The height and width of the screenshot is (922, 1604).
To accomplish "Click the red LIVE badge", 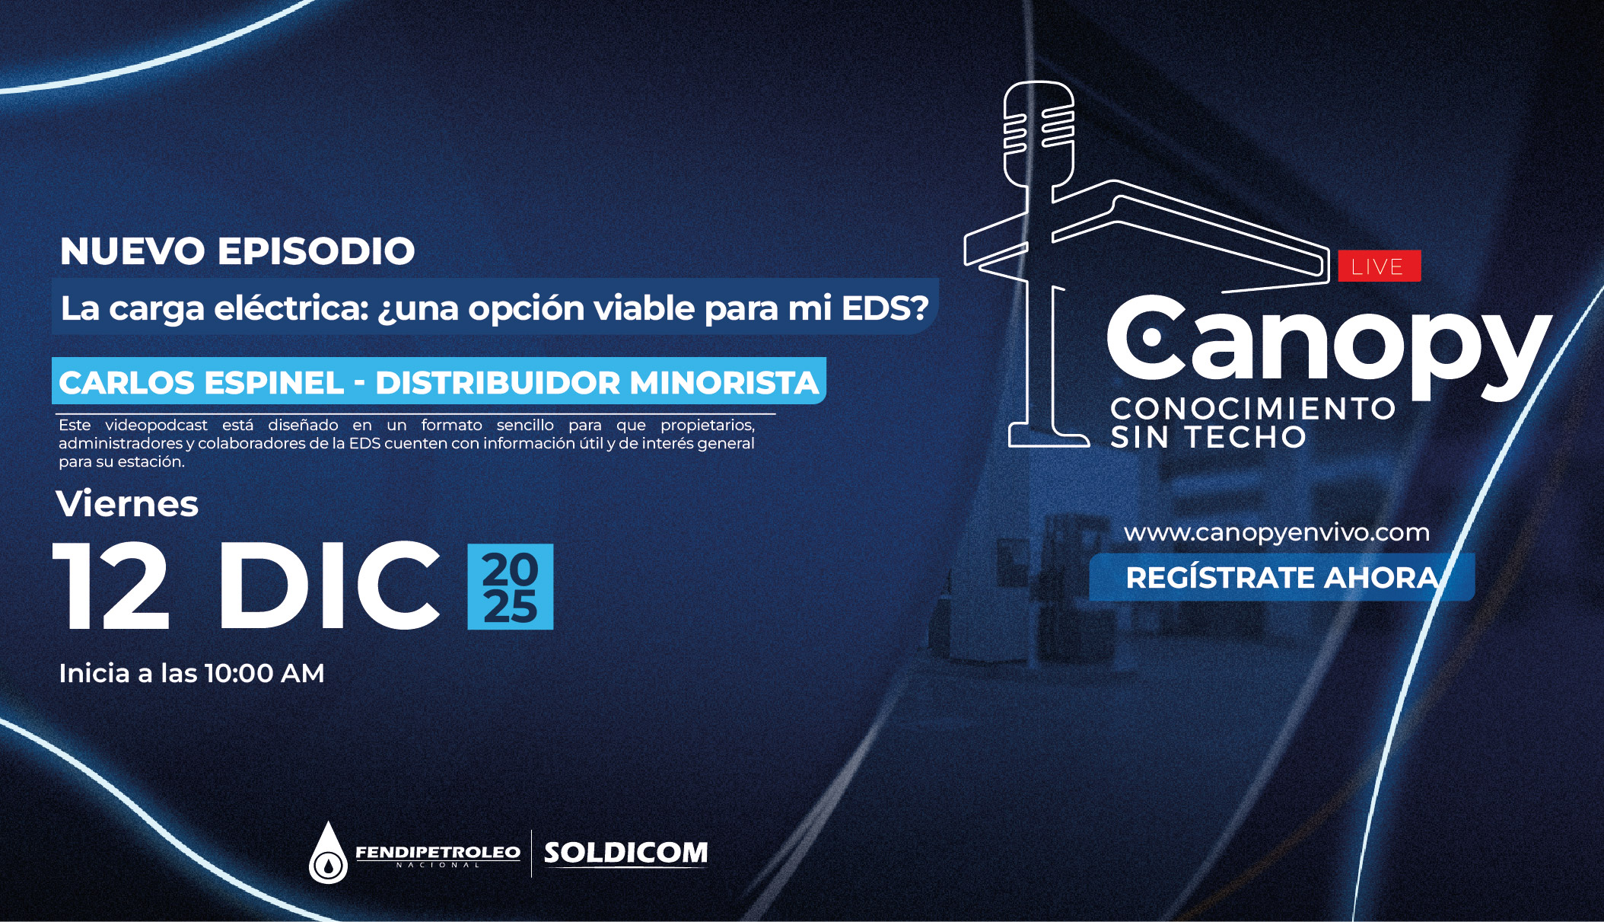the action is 1380,266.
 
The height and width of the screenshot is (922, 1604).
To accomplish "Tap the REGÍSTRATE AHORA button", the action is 1281,577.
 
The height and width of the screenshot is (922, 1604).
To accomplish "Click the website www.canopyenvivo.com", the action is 1277,533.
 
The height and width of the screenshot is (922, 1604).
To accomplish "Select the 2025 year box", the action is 510,586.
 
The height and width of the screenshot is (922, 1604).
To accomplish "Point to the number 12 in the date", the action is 111,586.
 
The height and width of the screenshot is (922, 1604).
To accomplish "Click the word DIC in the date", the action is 329,585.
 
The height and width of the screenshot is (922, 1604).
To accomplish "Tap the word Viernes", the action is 127,504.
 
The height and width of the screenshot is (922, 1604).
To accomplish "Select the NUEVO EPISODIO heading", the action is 237,251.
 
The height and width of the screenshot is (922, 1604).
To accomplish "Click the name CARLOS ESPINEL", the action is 202,382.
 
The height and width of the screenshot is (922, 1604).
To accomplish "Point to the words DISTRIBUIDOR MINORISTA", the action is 597,382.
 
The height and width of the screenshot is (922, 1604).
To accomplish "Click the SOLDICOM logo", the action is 625,853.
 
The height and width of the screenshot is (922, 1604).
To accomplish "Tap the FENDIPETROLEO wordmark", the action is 438,852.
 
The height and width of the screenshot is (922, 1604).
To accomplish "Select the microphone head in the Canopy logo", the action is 1039,133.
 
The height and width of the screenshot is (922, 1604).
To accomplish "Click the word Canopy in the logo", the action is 1329,346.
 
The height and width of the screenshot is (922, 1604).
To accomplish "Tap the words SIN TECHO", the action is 1208,437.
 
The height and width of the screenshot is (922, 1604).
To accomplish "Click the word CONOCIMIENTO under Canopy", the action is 1252,408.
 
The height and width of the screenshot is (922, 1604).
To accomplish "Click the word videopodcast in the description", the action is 156,425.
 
